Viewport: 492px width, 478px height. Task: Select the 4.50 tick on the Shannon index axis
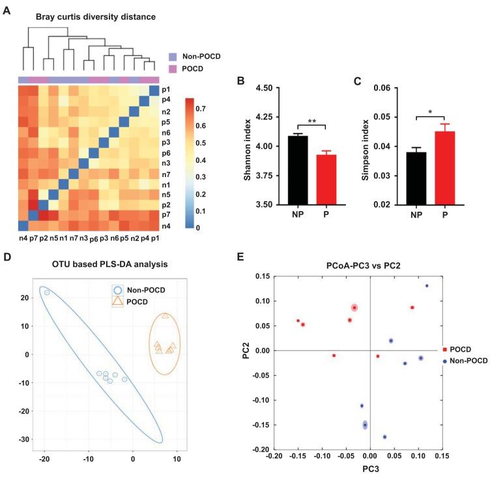click(264, 87)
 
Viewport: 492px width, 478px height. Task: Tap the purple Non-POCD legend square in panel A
click(173, 57)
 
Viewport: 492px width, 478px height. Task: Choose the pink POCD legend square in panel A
click(173, 68)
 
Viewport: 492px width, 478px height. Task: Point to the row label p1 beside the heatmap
click(166, 90)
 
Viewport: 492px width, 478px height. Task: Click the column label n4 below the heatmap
click(23, 239)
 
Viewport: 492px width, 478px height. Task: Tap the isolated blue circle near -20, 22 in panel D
click(46, 292)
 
